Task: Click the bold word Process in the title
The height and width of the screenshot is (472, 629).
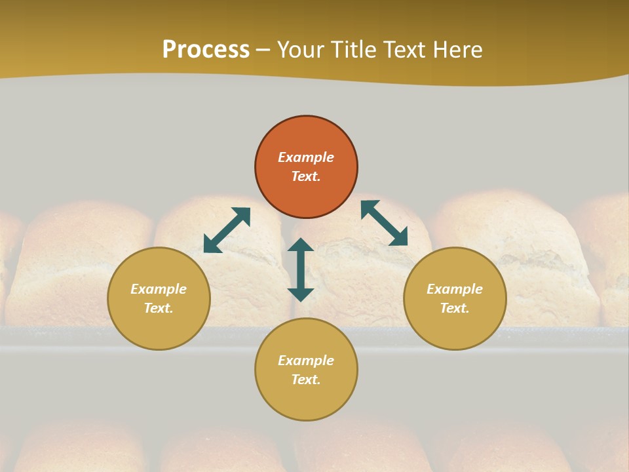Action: tap(206, 50)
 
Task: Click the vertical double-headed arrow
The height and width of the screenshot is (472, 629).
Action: tap(301, 269)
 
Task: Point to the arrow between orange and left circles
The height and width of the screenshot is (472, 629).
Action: tap(227, 230)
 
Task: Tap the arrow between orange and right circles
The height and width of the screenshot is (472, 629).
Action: tap(384, 223)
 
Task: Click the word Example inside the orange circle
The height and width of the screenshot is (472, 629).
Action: tap(306, 157)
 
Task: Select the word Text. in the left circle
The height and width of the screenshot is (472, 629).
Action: tap(159, 308)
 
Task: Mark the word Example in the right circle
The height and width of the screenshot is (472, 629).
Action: tap(455, 289)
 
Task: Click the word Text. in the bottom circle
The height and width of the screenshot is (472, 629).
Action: tap(306, 380)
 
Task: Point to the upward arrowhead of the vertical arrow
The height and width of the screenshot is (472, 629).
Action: tap(301, 245)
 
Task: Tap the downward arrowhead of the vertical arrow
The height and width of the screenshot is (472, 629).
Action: tap(301, 294)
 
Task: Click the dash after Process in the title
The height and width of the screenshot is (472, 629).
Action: tap(263, 50)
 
